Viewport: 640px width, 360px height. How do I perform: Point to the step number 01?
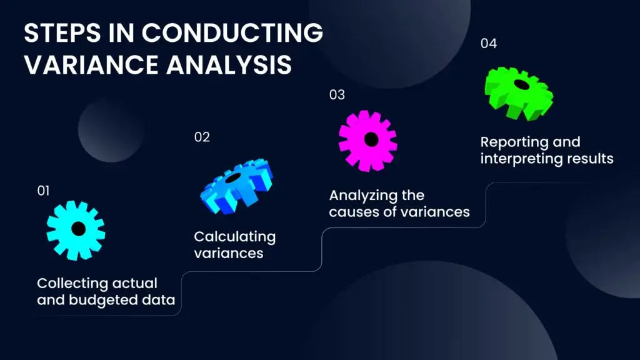pyautogui.click(x=43, y=191)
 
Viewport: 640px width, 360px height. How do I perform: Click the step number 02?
pyautogui.click(x=202, y=137)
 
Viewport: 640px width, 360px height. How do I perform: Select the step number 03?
pyautogui.click(x=337, y=95)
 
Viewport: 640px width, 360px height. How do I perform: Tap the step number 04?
pyautogui.click(x=489, y=44)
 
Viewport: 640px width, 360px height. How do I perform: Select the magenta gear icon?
pyautogui.click(x=368, y=140)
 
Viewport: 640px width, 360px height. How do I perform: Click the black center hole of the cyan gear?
pyautogui.click(x=78, y=229)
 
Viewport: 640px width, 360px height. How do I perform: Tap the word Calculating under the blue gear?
pyautogui.click(x=234, y=237)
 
